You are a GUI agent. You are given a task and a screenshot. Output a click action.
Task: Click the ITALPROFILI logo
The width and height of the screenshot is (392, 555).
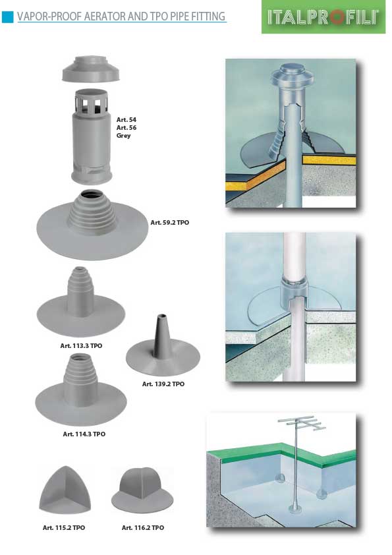pyautogui.click(x=323, y=17)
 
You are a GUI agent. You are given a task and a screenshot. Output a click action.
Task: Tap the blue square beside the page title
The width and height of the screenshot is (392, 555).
pyautogui.click(x=7, y=16)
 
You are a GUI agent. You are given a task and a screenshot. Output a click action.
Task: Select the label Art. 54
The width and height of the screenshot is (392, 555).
pyautogui.click(x=126, y=120)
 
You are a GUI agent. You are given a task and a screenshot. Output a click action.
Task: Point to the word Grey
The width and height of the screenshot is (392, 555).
pyautogui.click(x=123, y=136)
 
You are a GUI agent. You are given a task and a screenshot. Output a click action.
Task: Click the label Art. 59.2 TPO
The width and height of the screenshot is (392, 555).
pyautogui.click(x=170, y=223)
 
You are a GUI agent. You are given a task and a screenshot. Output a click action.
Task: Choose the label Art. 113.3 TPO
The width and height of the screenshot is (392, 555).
pyautogui.click(x=82, y=346)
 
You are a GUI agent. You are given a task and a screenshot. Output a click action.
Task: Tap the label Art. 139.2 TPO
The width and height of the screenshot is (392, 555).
pyautogui.click(x=163, y=384)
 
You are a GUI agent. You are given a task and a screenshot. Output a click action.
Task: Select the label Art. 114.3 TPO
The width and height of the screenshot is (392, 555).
pyautogui.click(x=84, y=434)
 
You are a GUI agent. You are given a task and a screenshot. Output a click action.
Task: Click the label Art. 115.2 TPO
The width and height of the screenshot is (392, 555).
pyautogui.click(x=64, y=528)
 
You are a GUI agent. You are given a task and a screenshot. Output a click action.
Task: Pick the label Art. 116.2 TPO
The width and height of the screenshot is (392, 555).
pyautogui.click(x=143, y=528)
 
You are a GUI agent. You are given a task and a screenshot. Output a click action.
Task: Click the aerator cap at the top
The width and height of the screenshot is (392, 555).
pyautogui.click(x=91, y=69)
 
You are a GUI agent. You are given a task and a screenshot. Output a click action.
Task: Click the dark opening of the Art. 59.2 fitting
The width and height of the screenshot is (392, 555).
pyautogui.click(x=91, y=195)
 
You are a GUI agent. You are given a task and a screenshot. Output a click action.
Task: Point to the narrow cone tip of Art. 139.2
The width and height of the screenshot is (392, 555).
pyautogui.click(x=161, y=316)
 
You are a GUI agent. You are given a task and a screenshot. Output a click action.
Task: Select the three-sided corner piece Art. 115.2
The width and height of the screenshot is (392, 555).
pyautogui.click(x=65, y=490)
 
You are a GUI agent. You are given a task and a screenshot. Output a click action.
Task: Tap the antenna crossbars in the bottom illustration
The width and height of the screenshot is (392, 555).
pyautogui.click(x=302, y=423)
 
